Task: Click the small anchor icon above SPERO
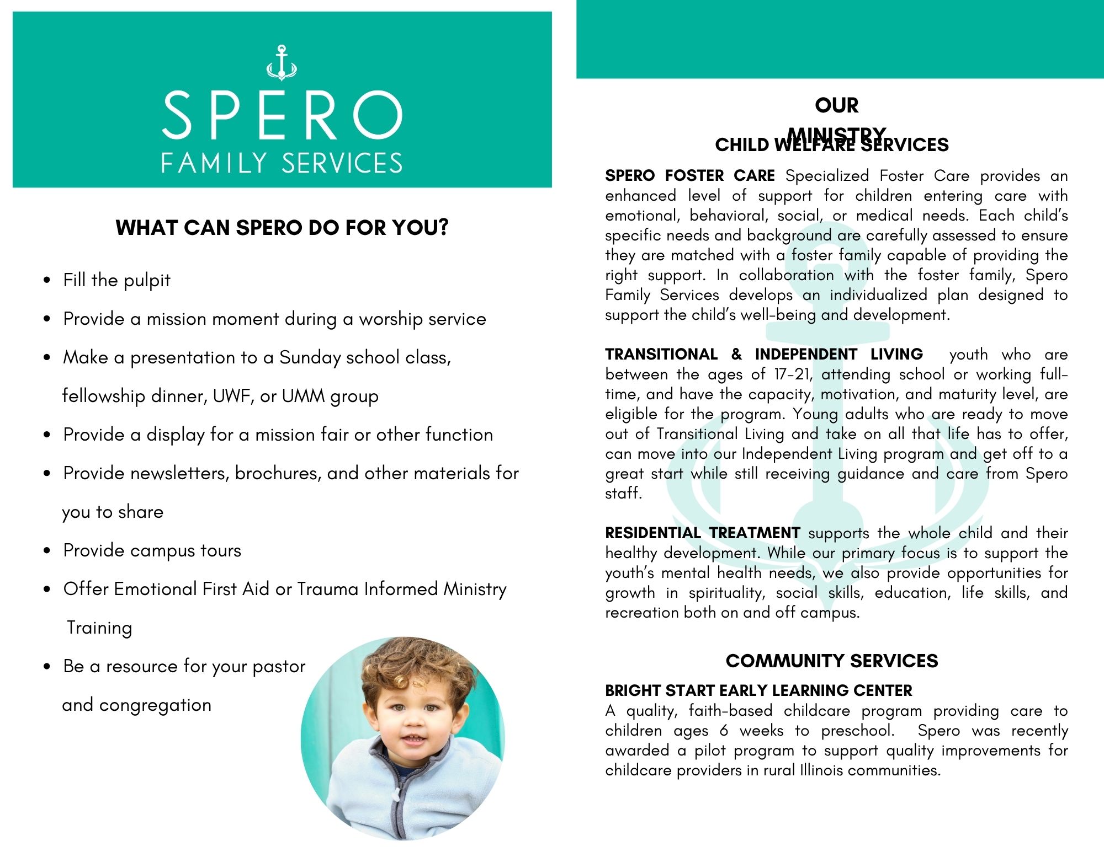pyautogui.click(x=282, y=62)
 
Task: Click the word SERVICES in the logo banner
pyautogui.click(x=342, y=163)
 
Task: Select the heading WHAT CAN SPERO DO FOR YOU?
pyautogui.click(x=282, y=227)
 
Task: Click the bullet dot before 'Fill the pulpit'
pyautogui.click(x=47, y=280)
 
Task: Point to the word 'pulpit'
pyautogui.click(x=147, y=281)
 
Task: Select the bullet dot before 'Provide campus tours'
pyautogui.click(x=47, y=550)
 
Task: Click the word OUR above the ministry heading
pyautogui.click(x=837, y=105)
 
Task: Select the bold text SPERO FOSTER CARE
pyautogui.click(x=690, y=176)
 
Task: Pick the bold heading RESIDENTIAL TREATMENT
pyautogui.click(x=702, y=533)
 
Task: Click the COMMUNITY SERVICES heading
pyautogui.click(x=832, y=661)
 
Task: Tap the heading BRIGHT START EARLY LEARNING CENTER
pyautogui.click(x=758, y=690)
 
